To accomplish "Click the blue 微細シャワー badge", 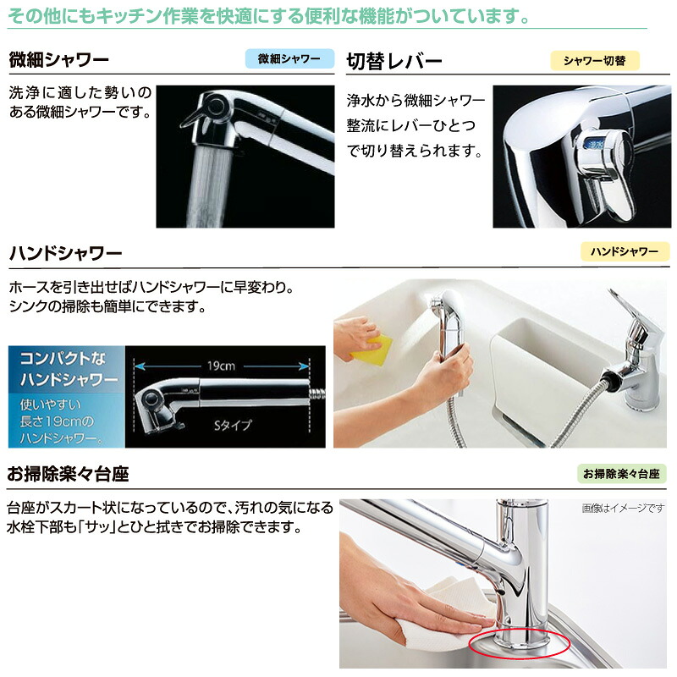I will [x=289, y=59].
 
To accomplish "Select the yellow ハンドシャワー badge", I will [x=624, y=251].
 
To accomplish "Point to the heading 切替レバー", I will [x=394, y=61].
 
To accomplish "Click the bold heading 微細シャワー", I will [x=58, y=60].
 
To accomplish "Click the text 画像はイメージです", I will [x=623, y=509].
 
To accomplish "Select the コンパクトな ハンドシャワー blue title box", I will [x=66, y=369].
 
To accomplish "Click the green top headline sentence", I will [x=271, y=15].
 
